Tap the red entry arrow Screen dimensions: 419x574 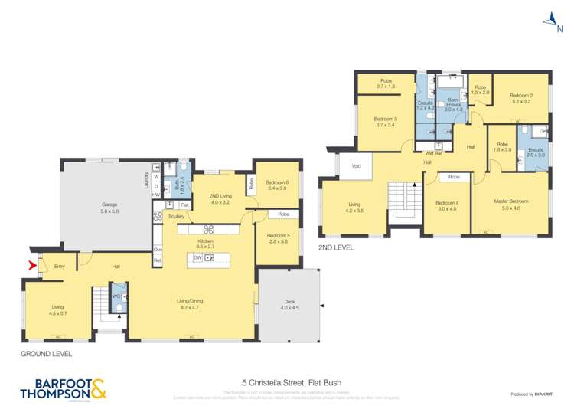point(31,266)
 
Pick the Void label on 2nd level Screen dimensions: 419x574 point(356,165)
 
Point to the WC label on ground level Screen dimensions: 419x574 point(116,296)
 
